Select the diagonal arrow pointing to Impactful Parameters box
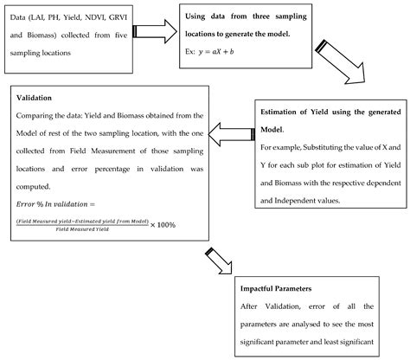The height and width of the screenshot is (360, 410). tap(221, 261)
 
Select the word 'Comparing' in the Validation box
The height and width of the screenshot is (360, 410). tap(38, 114)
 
